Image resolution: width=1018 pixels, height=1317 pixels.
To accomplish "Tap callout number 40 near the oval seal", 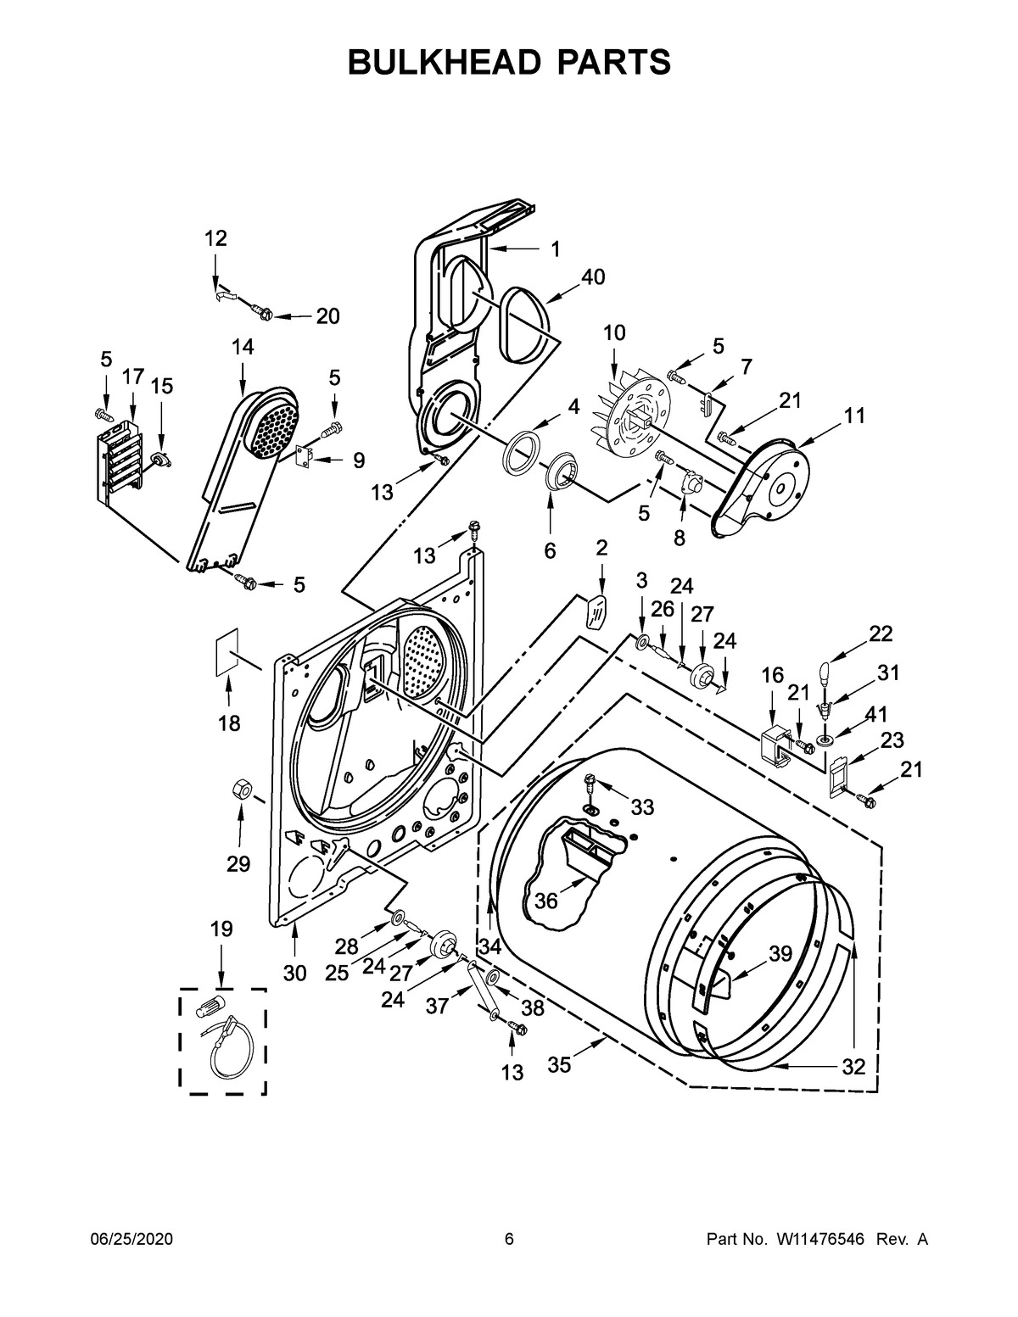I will point(593,277).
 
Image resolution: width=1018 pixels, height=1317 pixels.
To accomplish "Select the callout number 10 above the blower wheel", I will point(613,333).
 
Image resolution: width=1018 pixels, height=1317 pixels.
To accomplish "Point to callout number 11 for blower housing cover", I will point(854,416).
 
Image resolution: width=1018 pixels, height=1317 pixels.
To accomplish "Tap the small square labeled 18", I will point(225,652).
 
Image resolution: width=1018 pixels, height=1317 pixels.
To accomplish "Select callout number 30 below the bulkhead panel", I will point(294,974).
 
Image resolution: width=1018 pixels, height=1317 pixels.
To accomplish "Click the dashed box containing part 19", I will point(222,1041).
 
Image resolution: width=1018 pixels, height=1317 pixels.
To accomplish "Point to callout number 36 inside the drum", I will point(546,901).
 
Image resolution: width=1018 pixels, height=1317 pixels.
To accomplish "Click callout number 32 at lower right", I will point(853,1066).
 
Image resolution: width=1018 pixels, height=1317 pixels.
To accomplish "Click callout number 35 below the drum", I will point(559,1064).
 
